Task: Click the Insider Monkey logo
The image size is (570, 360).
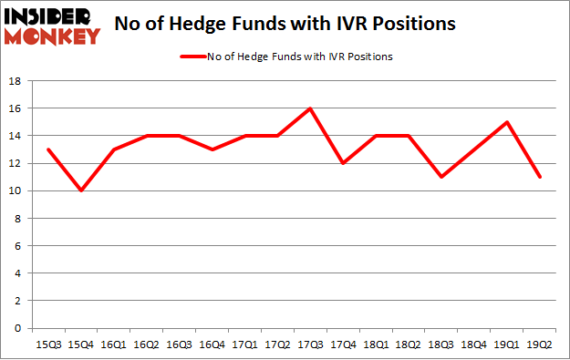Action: (52, 25)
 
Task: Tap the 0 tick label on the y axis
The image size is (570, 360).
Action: (17, 328)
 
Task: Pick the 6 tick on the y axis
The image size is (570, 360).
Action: (17, 246)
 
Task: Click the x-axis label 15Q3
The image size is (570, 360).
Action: (49, 345)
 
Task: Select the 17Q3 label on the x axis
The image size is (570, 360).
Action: (310, 345)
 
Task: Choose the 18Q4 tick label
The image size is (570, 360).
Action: (474, 345)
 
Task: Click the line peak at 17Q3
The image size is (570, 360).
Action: (310, 108)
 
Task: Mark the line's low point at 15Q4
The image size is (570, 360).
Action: (82, 190)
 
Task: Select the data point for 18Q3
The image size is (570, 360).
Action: (441, 177)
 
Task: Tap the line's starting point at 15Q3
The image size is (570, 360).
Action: (49, 149)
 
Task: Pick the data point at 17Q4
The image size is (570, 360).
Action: (343, 163)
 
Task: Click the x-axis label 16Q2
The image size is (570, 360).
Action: (147, 345)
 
